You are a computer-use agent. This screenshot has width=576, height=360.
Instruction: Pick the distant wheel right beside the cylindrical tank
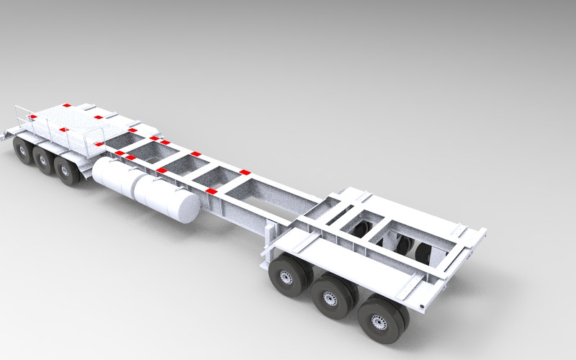(67, 171)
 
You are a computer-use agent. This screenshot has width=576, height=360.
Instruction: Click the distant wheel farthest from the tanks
(22, 149)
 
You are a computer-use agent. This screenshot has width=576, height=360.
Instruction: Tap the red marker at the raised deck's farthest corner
(66, 106)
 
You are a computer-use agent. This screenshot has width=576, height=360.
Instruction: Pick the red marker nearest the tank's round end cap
(210, 191)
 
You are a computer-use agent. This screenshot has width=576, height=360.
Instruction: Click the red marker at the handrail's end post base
(99, 145)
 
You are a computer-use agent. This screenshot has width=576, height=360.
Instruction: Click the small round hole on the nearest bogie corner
(454, 232)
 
